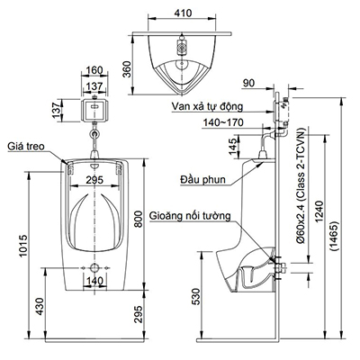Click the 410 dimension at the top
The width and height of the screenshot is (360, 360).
184,13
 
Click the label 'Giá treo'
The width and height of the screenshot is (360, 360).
26,143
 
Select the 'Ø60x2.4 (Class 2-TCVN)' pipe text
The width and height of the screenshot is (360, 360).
301,207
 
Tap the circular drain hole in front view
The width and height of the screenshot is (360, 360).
93,269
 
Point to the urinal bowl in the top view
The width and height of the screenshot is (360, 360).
183,69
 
